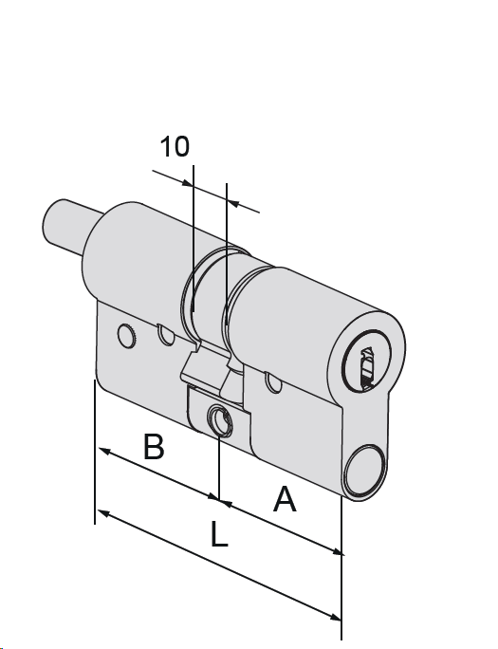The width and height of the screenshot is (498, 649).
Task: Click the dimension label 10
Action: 175,146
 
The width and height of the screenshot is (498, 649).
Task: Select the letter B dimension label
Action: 154,447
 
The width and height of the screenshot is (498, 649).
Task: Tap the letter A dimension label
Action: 285,499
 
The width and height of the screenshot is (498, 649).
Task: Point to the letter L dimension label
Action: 219,534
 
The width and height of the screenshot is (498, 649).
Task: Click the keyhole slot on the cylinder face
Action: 367,369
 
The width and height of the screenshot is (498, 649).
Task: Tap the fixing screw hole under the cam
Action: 220,420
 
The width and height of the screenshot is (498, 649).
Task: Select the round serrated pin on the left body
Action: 127,336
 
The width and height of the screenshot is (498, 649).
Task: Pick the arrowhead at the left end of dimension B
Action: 103,451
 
